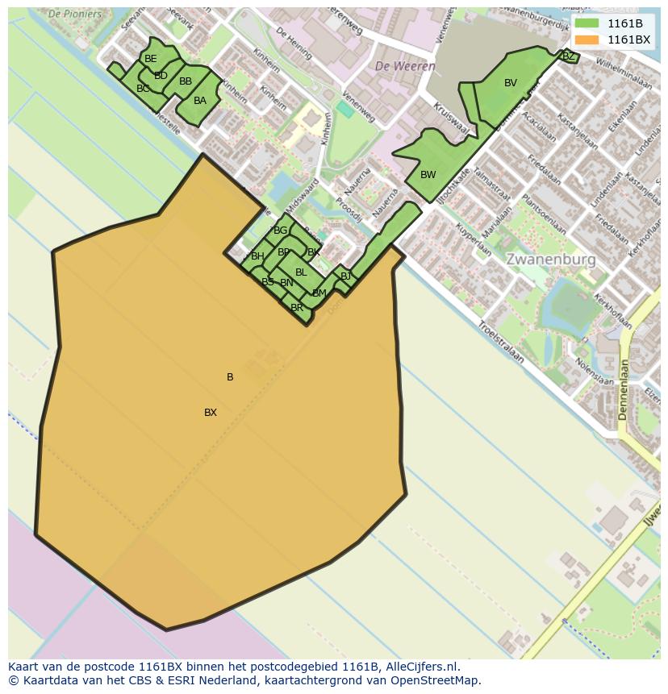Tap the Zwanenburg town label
click(x=551, y=260)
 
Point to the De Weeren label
click(x=404, y=66)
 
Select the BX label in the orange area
click(x=211, y=413)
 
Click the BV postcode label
click(x=511, y=83)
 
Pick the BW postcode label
click(x=428, y=175)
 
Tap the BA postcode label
click(x=200, y=101)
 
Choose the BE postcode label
click(x=151, y=59)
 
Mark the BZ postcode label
click(x=568, y=56)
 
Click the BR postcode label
click(x=297, y=308)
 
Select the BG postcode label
click(x=280, y=231)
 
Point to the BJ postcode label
click(x=345, y=276)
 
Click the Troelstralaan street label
click(x=501, y=342)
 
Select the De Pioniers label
click(x=75, y=14)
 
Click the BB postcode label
click(x=186, y=81)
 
